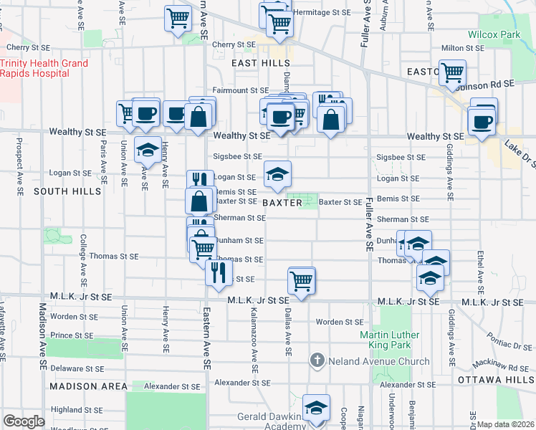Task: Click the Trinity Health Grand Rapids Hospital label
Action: [x=44, y=68]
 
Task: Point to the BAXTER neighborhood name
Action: [x=282, y=203]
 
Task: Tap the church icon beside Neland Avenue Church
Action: [x=317, y=361]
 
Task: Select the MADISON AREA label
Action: [x=89, y=386]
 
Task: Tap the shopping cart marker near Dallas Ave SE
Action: [x=302, y=279]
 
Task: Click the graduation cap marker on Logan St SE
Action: [x=278, y=173]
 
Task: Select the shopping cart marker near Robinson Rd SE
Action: [x=452, y=73]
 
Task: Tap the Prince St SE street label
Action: [x=71, y=335]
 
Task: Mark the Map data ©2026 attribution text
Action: [x=506, y=424]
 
